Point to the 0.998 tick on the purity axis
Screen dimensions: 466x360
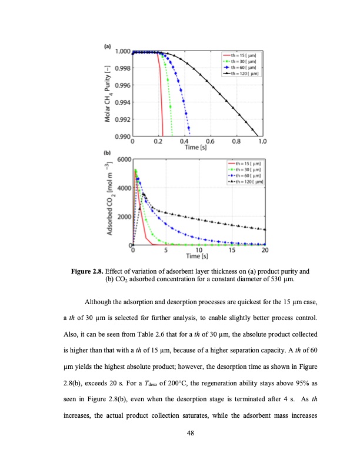[122, 68]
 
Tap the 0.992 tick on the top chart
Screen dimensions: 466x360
[122, 119]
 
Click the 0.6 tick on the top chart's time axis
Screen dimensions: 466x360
[210, 142]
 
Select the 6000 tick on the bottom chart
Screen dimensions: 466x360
[123, 160]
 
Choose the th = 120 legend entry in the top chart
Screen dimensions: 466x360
[244, 74]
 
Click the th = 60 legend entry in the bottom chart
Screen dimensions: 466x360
[246, 175]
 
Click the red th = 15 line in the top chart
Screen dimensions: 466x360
[161, 100]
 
